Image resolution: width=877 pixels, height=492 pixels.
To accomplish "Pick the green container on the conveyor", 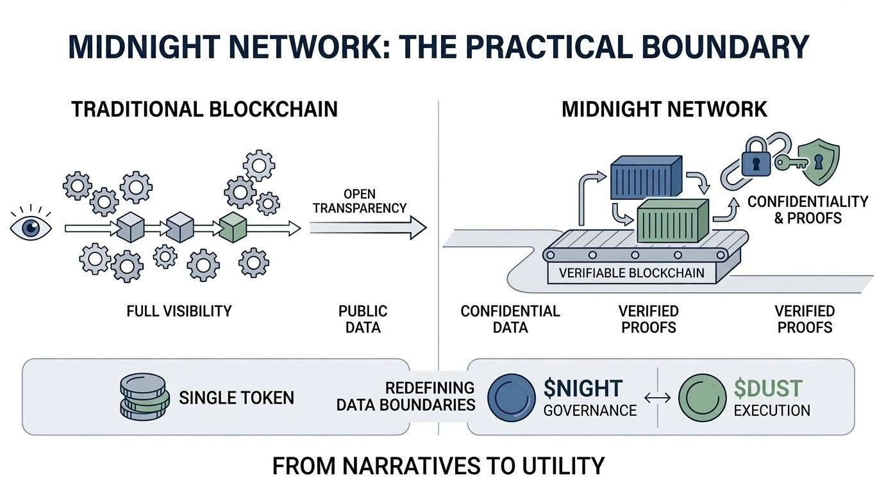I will point(671,222).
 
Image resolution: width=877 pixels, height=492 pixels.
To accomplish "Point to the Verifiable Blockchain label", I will point(631,273).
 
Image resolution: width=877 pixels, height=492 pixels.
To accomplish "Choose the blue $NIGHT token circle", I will point(512,398).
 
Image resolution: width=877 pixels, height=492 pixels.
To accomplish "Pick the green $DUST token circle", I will point(702,398).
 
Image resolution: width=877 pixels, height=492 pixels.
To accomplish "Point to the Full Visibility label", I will point(179,311).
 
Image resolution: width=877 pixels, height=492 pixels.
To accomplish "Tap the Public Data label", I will point(363,319).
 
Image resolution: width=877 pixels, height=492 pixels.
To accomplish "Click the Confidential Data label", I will point(510,319).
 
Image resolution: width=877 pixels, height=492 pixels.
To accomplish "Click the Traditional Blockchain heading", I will point(205,109).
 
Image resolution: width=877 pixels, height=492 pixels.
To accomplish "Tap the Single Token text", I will point(237,398).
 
